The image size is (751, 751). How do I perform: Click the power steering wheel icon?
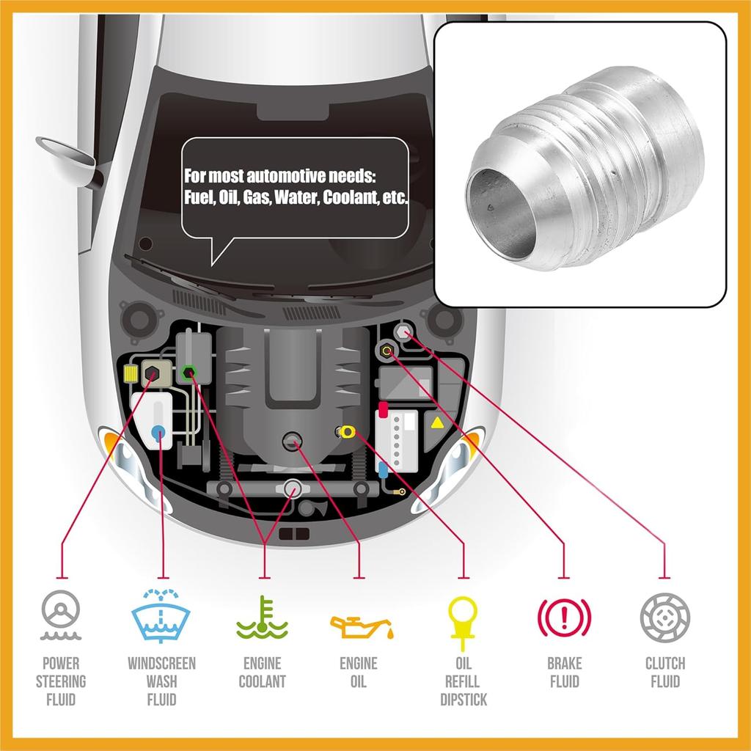[x=61, y=615]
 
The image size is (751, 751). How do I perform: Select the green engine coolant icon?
[x=262, y=618]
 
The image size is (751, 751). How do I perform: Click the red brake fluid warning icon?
[x=564, y=615]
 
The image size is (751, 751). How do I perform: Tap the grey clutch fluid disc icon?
[x=665, y=615]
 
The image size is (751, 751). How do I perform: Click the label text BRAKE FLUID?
[x=564, y=673]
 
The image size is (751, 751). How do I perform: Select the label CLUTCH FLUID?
[x=665, y=673]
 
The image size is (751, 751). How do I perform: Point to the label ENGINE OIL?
[x=358, y=673]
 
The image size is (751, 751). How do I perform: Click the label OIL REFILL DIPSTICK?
[x=464, y=681]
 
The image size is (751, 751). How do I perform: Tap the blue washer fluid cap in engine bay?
[x=158, y=433]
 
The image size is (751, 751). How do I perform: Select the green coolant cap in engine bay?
[x=189, y=372]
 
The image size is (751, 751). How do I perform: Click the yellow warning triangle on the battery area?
[x=437, y=423]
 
